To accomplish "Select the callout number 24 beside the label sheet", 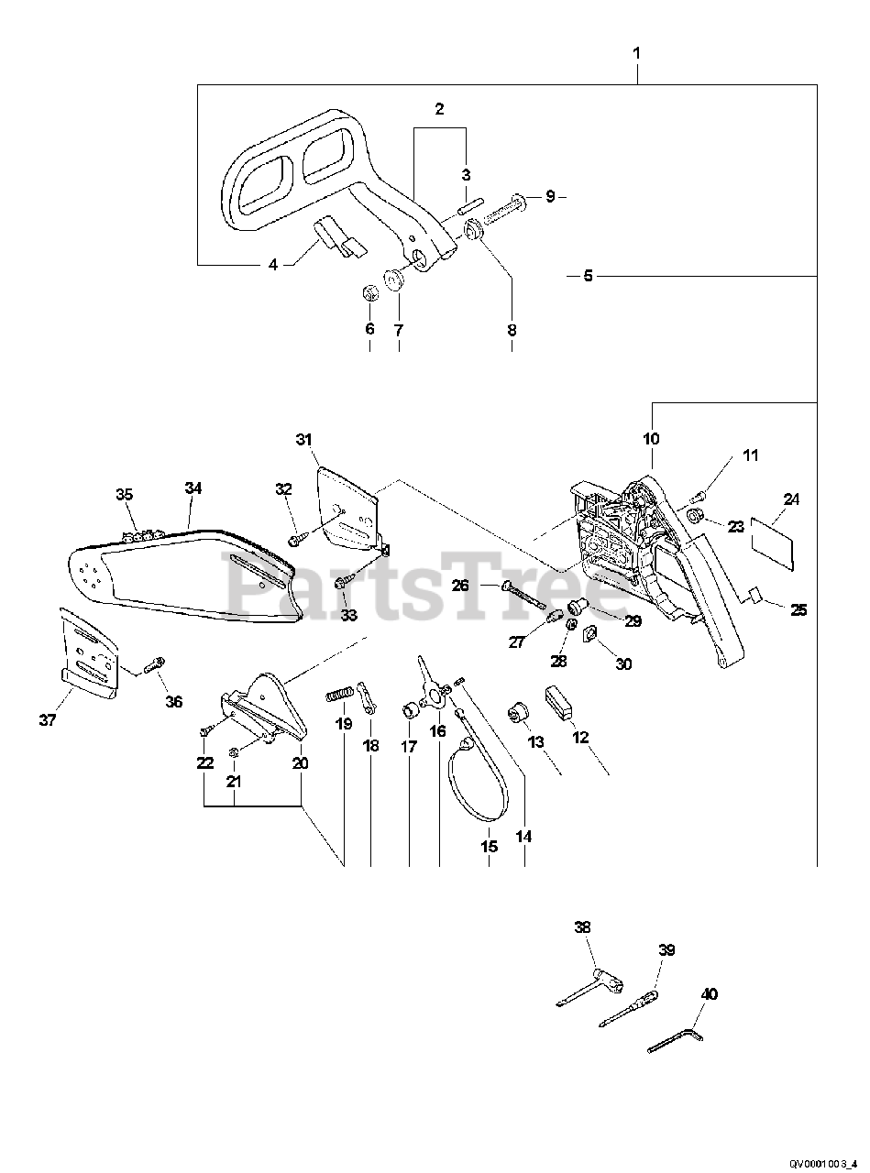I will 791,499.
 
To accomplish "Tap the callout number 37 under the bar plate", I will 48,720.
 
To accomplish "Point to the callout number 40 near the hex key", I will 709,993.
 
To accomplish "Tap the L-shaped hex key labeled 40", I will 674,1038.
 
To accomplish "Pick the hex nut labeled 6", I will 370,293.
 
